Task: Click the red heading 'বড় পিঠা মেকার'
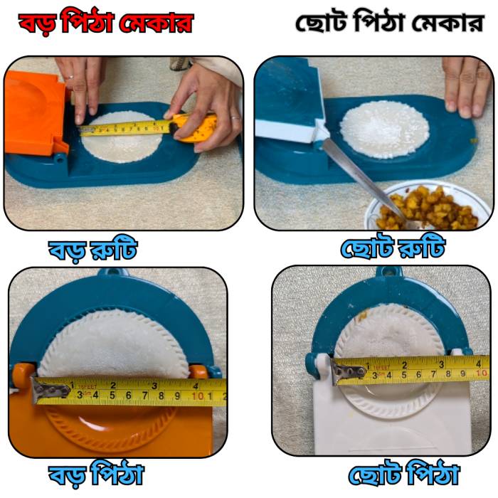click(x=106, y=23)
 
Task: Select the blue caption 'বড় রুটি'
click(x=92, y=250)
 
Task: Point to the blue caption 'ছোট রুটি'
click(x=393, y=247)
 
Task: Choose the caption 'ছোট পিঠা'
click(x=404, y=475)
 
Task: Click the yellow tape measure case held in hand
click(x=194, y=128)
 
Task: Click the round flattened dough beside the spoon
click(x=385, y=129)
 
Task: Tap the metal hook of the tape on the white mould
click(x=348, y=371)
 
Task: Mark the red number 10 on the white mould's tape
click(x=482, y=373)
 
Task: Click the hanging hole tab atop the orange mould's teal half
click(x=113, y=272)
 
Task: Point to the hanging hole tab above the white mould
click(x=389, y=271)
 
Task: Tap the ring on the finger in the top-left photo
click(x=71, y=77)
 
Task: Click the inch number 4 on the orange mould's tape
click(x=196, y=386)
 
